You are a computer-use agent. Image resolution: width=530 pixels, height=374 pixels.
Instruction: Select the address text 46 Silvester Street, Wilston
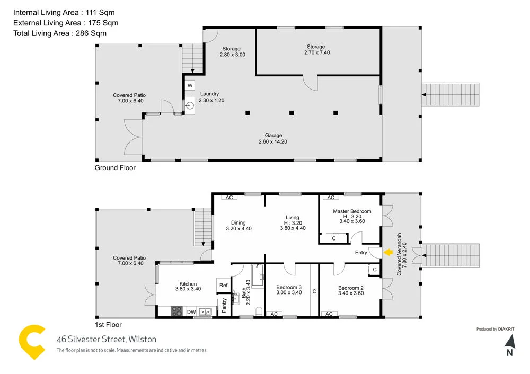pyautogui.click(x=107, y=339)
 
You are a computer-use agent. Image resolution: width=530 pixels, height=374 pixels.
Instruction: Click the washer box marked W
pyautogui.click(x=190, y=85)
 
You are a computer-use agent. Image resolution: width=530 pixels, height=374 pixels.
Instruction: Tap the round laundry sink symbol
pyautogui.click(x=190, y=105)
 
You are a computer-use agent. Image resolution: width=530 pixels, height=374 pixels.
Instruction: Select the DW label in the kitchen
pyautogui.click(x=191, y=312)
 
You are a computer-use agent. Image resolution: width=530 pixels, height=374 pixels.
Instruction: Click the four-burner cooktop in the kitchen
pyautogui.click(x=176, y=312)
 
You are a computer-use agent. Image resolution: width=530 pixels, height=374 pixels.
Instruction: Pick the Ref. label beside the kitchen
pyautogui.click(x=223, y=285)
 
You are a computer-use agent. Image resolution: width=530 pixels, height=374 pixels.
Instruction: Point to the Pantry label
pyautogui.click(x=225, y=305)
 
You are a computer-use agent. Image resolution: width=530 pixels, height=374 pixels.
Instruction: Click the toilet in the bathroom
pyautogui.click(x=258, y=311)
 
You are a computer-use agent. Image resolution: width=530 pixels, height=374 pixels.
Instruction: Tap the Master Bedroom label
pyautogui.click(x=352, y=211)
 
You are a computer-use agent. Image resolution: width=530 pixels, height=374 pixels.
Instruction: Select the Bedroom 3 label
pyautogui.click(x=289, y=288)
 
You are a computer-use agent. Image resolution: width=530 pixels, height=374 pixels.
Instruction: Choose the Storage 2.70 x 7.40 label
pyautogui.click(x=317, y=50)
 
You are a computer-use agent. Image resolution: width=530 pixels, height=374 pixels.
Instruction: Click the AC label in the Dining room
pyautogui.click(x=229, y=198)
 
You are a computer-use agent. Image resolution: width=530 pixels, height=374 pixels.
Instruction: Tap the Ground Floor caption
pyautogui.click(x=115, y=168)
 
